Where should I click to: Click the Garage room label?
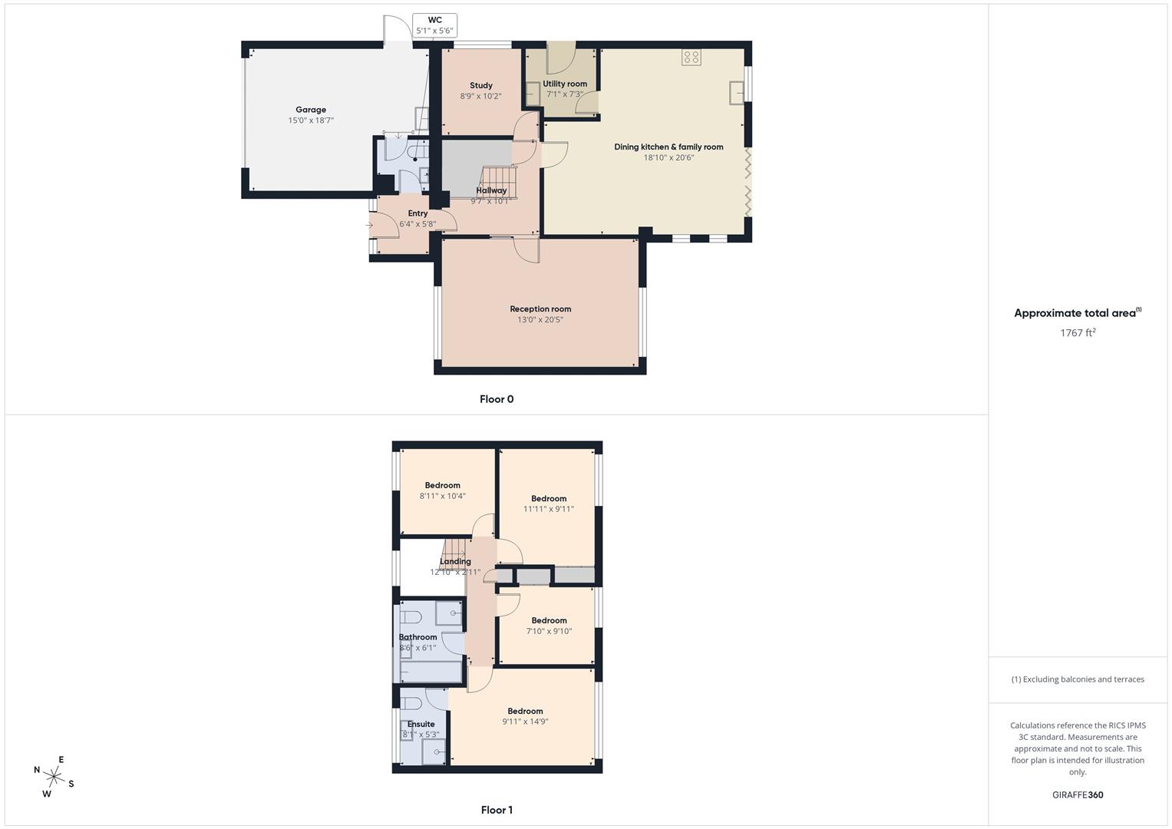click(311, 110)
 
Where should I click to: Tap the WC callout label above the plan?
click(434, 21)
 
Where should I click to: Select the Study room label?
click(481, 85)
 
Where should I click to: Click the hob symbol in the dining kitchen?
click(691, 56)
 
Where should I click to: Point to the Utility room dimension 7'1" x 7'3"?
click(565, 94)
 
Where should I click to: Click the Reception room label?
click(540, 309)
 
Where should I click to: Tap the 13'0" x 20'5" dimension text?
click(540, 319)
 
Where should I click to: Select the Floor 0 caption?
click(497, 399)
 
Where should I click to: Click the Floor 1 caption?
click(497, 810)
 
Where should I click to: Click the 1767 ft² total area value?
click(1078, 332)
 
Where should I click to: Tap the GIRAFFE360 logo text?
click(1078, 795)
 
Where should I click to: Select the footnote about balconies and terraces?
click(1078, 679)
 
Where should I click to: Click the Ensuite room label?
click(421, 724)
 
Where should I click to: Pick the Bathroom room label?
click(418, 637)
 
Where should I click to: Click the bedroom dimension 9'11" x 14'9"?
click(525, 722)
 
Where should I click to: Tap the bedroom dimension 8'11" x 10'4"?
click(442, 496)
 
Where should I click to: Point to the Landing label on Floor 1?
click(455, 561)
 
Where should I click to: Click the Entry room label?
click(418, 213)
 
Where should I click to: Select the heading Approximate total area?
click(1075, 313)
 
